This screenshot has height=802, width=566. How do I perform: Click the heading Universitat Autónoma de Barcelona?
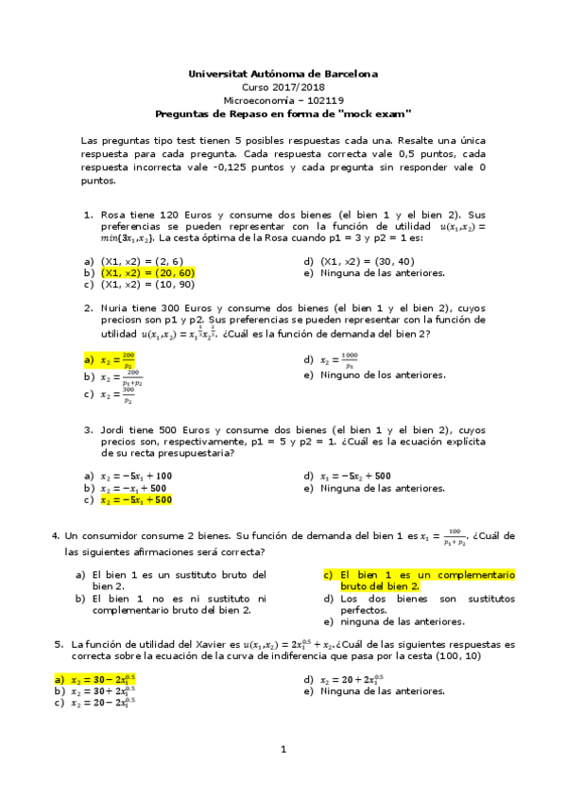[x=283, y=73]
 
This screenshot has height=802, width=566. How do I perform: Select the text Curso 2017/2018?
[x=283, y=86]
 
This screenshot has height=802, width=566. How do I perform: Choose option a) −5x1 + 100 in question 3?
[x=136, y=476]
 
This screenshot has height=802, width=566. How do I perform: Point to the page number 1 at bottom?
[x=283, y=776]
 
